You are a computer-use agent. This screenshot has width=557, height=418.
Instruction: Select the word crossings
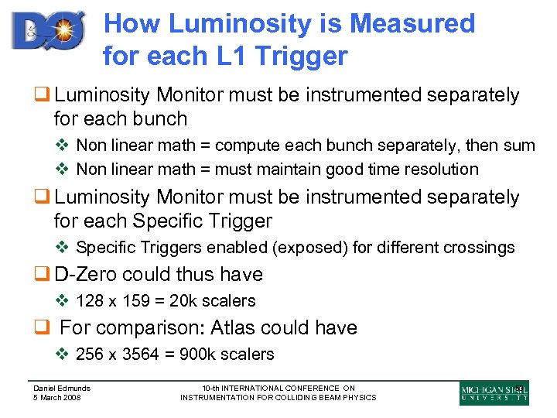[x=475, y=248]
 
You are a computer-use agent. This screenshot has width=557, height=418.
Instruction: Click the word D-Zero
[x=87, y=274]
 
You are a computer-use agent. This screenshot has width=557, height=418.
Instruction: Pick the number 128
[x=90, y=300]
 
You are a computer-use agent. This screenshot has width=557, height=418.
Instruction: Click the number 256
[x=90, y=354]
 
